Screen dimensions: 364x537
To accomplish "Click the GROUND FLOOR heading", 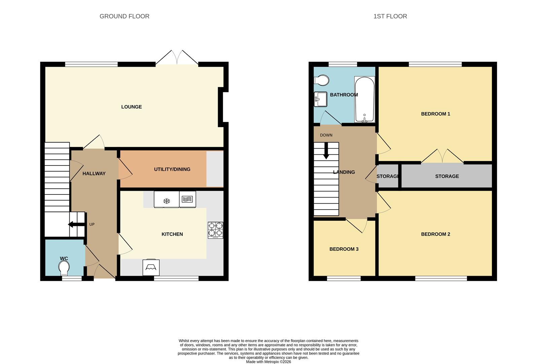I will click(x=124, y=16).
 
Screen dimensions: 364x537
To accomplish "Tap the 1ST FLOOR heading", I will click(x=390, y=16).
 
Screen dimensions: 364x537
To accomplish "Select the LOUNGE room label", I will click(x=131, y=107).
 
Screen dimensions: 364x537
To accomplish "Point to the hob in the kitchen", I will click(x=215, y=230).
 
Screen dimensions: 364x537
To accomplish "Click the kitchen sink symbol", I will click(x=151, y=268).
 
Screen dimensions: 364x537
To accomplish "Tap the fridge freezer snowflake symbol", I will click(x=166, y=201).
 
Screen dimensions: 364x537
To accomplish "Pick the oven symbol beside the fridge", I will click(x=187, y=200).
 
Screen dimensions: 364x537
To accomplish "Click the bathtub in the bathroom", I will click(x=364, y=99).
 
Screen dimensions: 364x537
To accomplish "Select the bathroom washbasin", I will click(x=320, y=99).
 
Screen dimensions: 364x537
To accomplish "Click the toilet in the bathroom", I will click(x=322, y=81).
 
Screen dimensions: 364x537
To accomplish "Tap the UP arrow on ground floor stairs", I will click(x=76, y=224).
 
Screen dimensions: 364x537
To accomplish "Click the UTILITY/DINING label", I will click(x=172, y=169).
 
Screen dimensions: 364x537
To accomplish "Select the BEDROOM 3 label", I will click(x=344, y=249).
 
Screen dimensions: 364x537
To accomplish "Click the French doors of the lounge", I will click(x=177, y=57).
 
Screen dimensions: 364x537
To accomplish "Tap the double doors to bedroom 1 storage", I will click(x=442, y=156).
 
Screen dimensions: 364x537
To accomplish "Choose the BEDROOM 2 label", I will click(x=435, y=234).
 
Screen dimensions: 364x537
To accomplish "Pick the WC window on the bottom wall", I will click(x=72, y=278).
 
